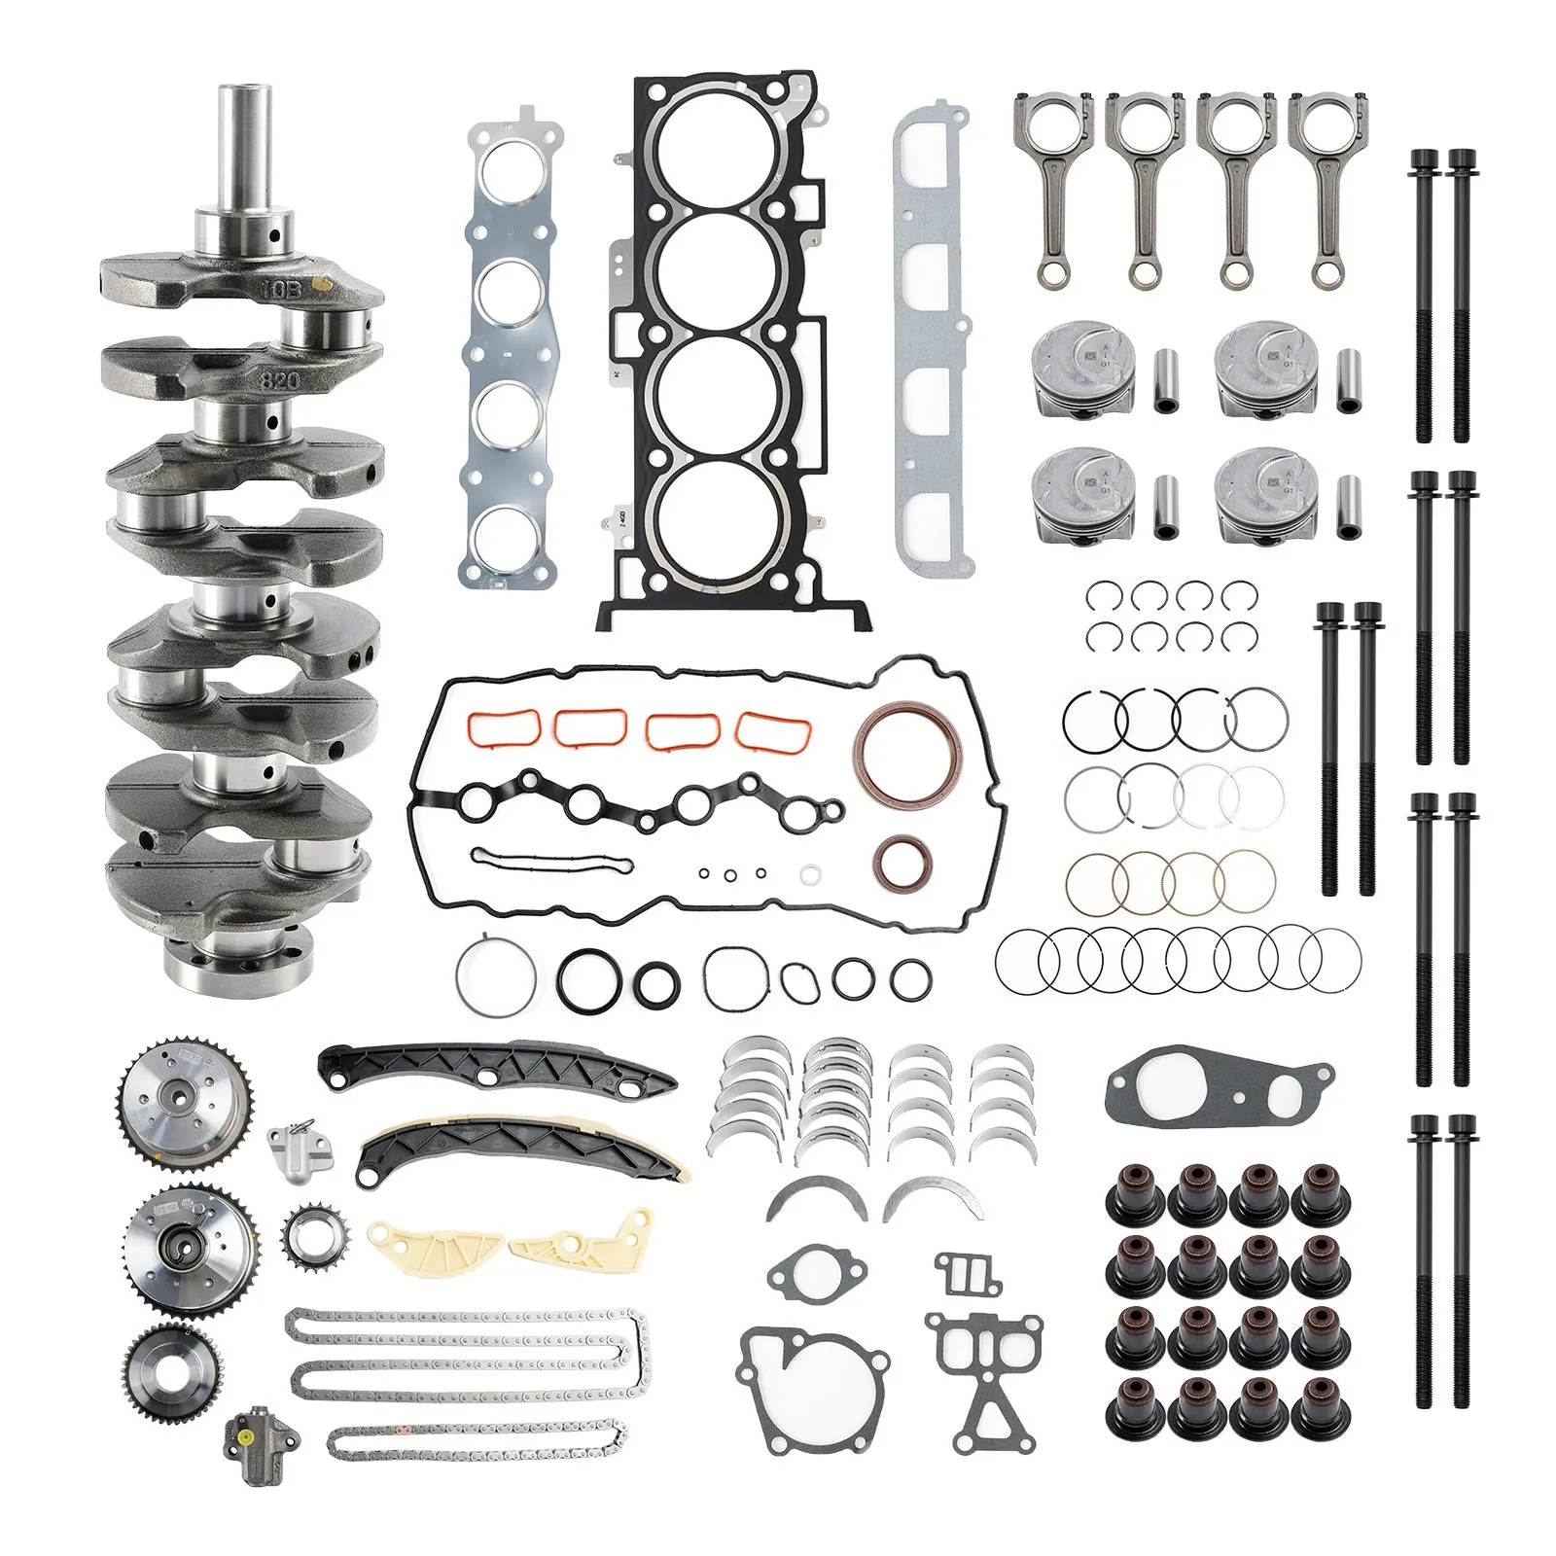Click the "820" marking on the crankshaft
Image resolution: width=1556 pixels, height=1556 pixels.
(279, 379)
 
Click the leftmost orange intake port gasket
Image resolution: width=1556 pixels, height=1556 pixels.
(503, 725)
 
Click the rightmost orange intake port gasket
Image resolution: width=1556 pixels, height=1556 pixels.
(772, 731)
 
